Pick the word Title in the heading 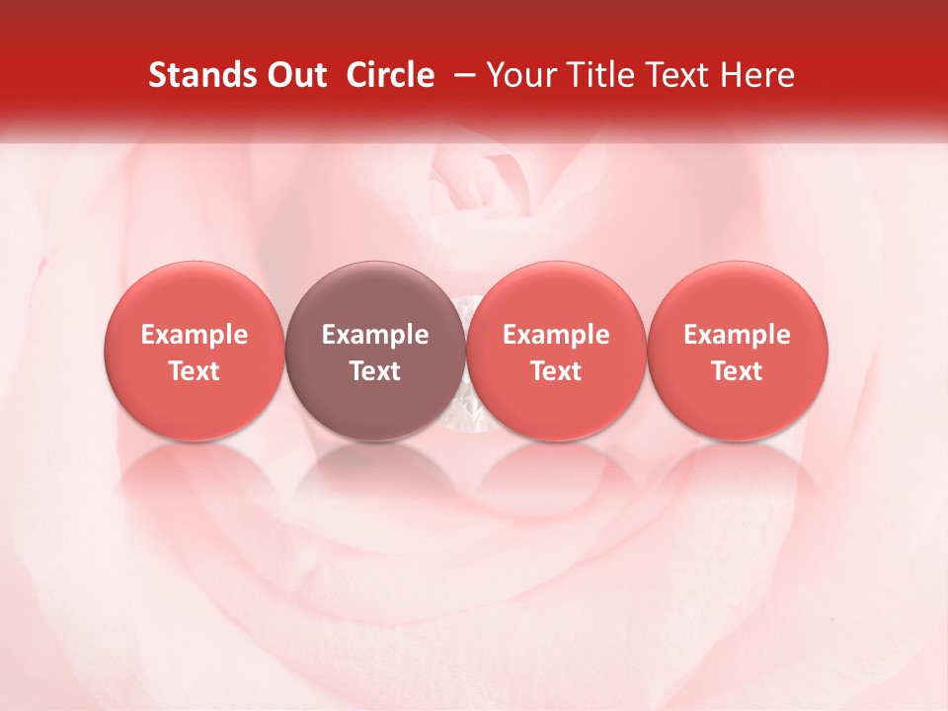pyautogui.click(x=595, y=75)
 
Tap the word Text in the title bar pyautogui.click(x=673, y=75)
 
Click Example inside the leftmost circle pyautogui.click(x=195, y=335)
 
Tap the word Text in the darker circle pyautogui.click(x=375, y=371)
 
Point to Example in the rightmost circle pyautogui.click(x=738, y=335)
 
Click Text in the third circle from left pyautogui.click(x=556, y=371)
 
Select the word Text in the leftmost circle pyautogui.click(x=195, y=371)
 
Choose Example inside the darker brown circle pyautogui.click(x=375, y=335)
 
